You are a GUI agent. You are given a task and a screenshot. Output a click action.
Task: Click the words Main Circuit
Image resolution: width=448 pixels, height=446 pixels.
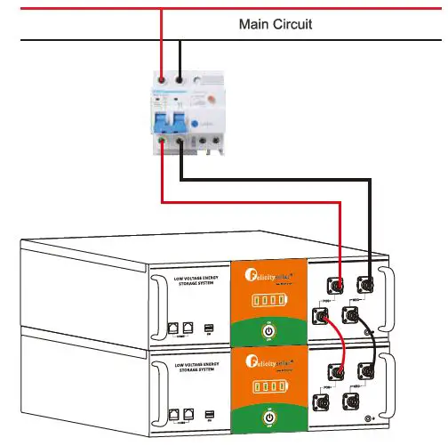pyautogui.click(x=275, y=24)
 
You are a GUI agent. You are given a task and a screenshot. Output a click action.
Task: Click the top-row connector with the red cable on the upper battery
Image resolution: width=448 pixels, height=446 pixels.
pyautogui.click(x=339, y=286)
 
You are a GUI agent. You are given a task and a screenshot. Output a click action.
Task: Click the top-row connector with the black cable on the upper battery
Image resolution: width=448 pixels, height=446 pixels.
pyautogui.click(x=365, y=285)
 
